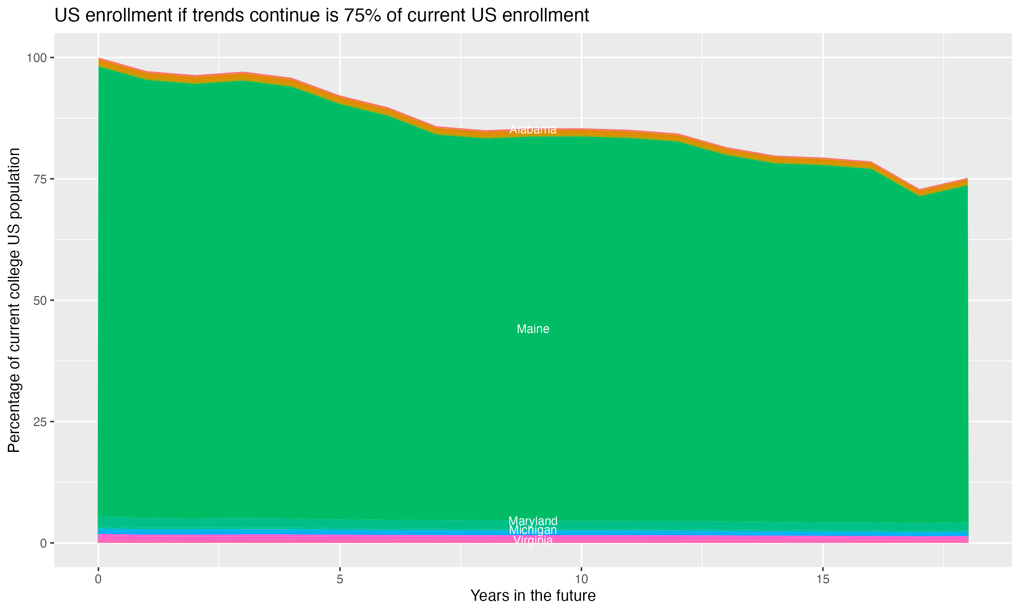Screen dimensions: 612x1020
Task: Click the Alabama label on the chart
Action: click(x=533, y=130)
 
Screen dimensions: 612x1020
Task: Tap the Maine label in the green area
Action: click(x=533, y=329)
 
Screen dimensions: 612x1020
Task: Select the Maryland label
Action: click(x=533, y=521)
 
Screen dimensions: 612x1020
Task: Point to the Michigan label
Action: click(x=533, y=530)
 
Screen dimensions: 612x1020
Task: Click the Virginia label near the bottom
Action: click(x=533, y=540)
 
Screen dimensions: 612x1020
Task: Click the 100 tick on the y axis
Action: click(x=37, y=58)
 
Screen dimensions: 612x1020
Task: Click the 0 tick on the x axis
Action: click(x=98, y=579)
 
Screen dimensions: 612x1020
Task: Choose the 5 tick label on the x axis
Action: click(x=340, y=579)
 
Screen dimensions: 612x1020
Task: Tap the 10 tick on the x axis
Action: click(x=581, y=579)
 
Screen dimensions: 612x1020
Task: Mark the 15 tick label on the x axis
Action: click(x=822, y=579)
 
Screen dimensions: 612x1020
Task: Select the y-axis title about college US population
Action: click(x=14, y=300)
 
